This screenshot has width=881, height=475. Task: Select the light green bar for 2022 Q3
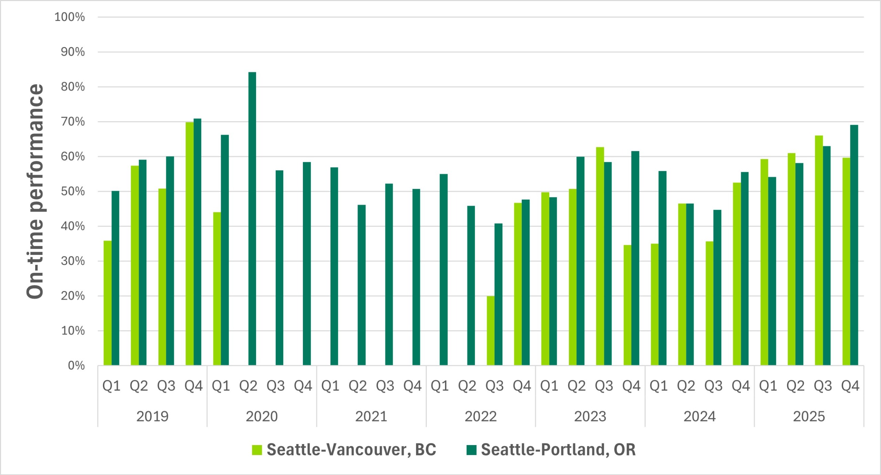(490, 330)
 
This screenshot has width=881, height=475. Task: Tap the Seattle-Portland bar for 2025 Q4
(854, 245)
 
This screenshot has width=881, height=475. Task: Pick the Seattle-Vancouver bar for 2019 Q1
(107, 303)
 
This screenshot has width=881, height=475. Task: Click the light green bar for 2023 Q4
(627, 305)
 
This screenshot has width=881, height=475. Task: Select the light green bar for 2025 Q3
(819, 250)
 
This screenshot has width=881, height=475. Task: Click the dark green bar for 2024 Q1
(662, 268)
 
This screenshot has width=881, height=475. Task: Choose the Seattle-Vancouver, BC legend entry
(344, 450)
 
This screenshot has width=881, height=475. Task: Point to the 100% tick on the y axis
(70, 17)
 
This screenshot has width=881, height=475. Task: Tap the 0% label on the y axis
(76, 365)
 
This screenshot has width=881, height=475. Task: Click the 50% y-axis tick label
(73, 191)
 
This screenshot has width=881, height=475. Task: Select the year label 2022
(480, 417)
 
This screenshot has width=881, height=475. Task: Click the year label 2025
(809, 417)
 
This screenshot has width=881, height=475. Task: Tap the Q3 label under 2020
(276, 386)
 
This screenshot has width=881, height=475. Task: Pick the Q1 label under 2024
(659, 386)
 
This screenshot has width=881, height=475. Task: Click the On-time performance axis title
(35, 191)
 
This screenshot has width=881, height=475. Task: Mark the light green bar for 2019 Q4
(189, 244)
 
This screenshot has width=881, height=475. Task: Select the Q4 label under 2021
(412, 386)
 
